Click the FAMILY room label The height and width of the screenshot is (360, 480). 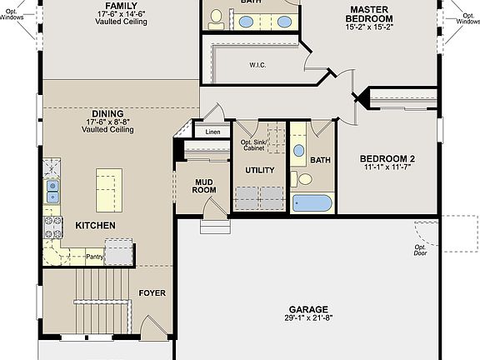pyautogui.click(x=121, y=5)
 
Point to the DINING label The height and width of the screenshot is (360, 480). pyautogui.click(x=107, y=113)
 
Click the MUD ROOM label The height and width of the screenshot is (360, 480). pyautogui.click(x=204, y=185)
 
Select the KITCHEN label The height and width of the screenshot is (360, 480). pyautogui.click(x=95, y=226)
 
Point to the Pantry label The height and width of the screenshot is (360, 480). pyautogui.click(x=94, y=257)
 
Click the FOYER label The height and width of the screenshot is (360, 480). pyautogui.click(x=152, y=293)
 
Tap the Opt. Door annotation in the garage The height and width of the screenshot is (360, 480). pyautogui.click(x=421, y=251)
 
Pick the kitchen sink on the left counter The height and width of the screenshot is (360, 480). pyautogui.click(x=52, y=192)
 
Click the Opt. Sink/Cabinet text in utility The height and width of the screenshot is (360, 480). pyautogui.click(x=254, y=145)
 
